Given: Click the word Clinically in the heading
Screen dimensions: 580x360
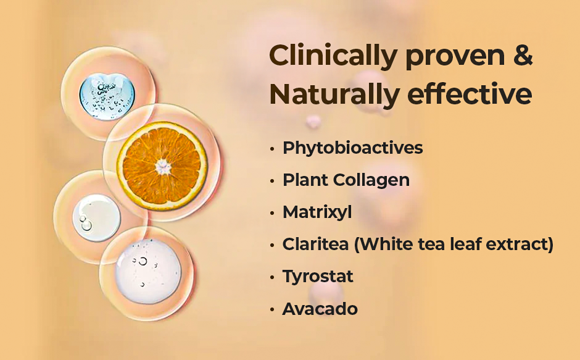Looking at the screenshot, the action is pos(333,56).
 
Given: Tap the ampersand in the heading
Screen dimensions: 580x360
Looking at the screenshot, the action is pos(523,55).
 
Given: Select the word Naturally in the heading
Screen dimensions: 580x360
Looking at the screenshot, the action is pos(334,95).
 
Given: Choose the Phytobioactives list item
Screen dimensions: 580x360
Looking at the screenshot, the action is pos(352,148).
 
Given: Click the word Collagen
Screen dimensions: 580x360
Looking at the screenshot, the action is pos(371,180).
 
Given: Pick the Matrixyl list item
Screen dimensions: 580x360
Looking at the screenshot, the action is pos(317,212).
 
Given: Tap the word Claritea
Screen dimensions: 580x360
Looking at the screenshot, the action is pos(315,244).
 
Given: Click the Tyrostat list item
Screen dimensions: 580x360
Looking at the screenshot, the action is pos(318,277).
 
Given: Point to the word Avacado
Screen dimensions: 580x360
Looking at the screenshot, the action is pos(320,309).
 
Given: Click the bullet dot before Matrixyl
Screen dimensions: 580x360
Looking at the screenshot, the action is pos(272,213).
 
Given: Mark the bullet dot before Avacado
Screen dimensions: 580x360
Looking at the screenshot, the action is pos(272,309).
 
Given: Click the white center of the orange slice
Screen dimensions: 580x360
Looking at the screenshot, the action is pos(163,167).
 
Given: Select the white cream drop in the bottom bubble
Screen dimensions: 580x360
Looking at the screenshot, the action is pos(148,271).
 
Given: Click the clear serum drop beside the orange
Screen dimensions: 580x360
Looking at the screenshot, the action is pos(96,218).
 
